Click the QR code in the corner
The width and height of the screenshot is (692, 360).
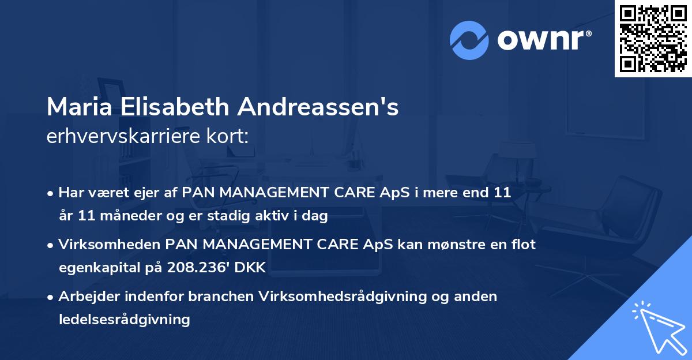tap(653, 38)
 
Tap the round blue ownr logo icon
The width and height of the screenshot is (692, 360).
tap(469, 40)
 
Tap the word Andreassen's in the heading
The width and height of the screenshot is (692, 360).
tap(318, 107)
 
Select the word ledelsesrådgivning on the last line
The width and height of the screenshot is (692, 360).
tap(124, 319)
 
